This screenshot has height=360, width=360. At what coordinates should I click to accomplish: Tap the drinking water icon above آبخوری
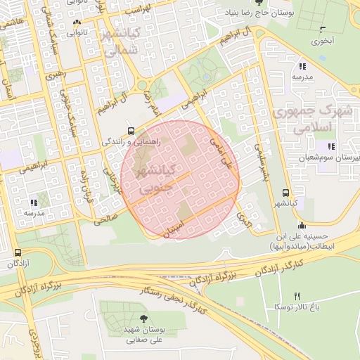(323, 30)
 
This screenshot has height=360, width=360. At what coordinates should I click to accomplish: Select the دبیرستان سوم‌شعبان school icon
(330, 146)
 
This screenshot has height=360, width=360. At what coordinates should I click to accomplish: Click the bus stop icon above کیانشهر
(285, 192)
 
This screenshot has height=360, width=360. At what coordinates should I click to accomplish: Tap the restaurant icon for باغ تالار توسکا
(297, 295)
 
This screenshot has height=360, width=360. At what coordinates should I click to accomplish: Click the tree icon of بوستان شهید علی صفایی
(144, 319)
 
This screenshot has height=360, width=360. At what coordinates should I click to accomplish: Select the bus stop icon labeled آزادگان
(18, 252)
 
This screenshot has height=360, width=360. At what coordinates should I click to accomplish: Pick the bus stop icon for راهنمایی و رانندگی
(131, 131)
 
